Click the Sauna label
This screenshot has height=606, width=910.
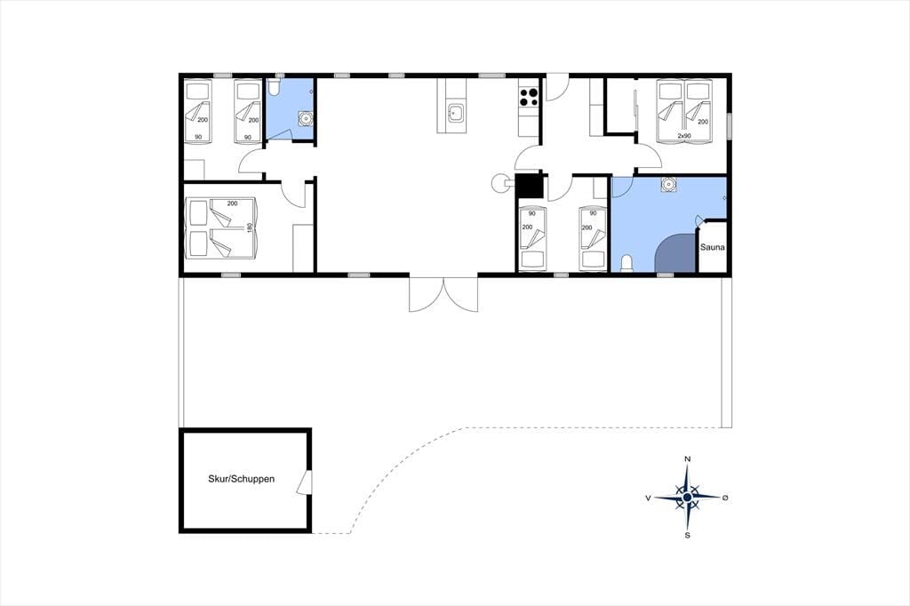pyautogui.click(x=712, y=247)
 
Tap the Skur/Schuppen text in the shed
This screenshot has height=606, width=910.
pyautogui.click(x=242, y=480)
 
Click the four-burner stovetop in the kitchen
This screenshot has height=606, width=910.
pyautogui.click(x=529, y=96)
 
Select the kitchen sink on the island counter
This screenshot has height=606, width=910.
pyautogui.click(x=454, y=113)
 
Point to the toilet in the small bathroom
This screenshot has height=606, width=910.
pyautogui.click(x=274, y=88)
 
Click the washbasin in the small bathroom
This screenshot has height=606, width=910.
pyautogui.click(x=306, y=118)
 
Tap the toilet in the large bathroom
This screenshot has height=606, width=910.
pyautogui.click(x=627, y=264)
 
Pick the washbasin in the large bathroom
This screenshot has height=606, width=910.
pyautogui.click(x=668, y=184)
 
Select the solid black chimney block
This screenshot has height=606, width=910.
pyautogui.click(x=529, y=187)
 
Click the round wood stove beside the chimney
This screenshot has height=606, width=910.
pyautogui.click(x=499, y=183)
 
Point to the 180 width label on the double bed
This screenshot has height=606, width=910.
pyautogui.click(x=251, y=227)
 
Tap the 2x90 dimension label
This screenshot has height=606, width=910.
pyautogui.click(x=684, y=136)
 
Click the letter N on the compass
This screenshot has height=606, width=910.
pyautogui.click(x=688, y=459)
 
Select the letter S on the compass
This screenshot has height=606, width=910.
pyautogui.click(x=688, y=535)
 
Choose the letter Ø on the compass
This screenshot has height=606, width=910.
pyautogui.click(x=725, y=498)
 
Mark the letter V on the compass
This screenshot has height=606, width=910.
pyautogui.click(x=648, y=498)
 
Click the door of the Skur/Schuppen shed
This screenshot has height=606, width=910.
pyautogui.click(x=306, y=482)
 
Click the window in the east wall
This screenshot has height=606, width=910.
pyautogui.click(x=729, y=124)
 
